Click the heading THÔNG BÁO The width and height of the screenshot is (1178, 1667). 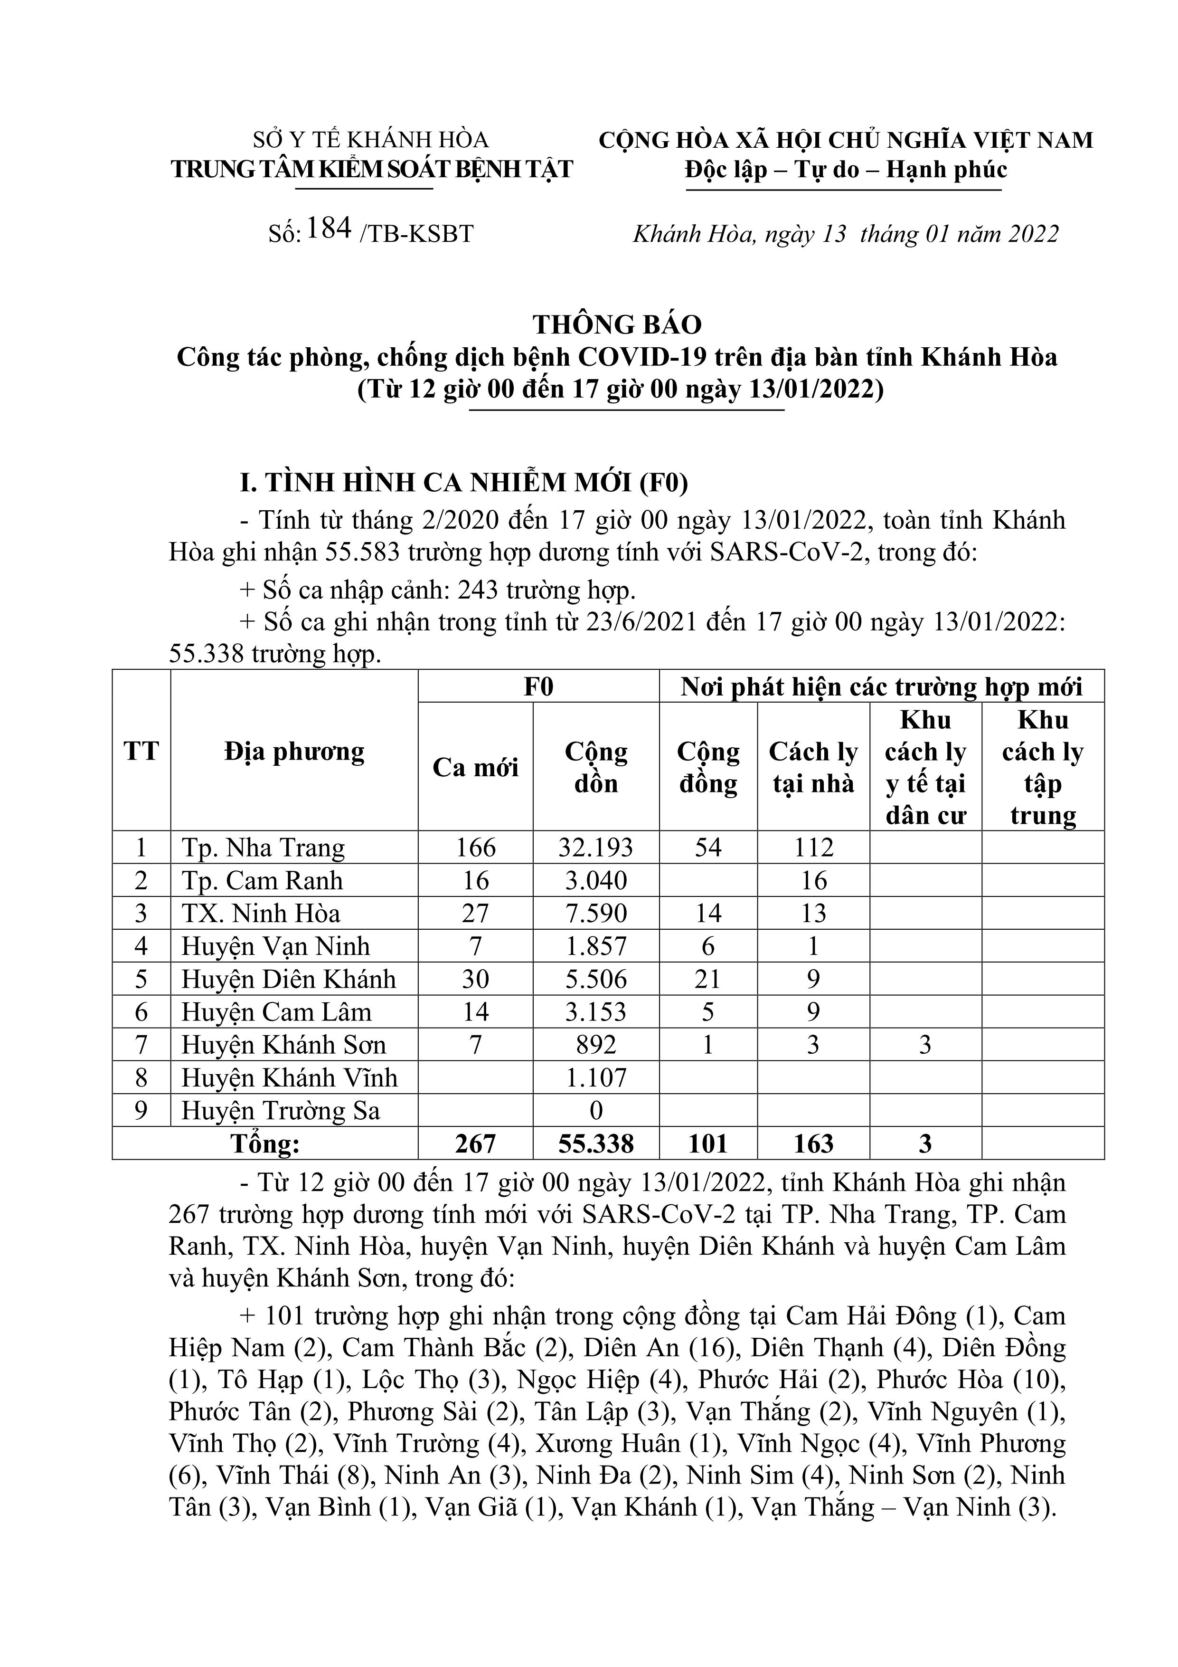(617, 324)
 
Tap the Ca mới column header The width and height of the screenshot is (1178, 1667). (475, 767)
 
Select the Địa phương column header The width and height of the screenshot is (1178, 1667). (294, 752)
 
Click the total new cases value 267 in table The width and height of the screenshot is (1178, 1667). (475, 1144)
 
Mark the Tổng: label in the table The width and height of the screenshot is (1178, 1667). (265, 1144)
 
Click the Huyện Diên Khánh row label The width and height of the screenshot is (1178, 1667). (288, 980)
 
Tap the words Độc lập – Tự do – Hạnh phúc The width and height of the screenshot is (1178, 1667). (846, 169)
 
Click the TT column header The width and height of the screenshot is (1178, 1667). (141, 752)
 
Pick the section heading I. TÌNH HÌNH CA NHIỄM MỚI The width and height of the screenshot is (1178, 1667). (464, 483)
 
